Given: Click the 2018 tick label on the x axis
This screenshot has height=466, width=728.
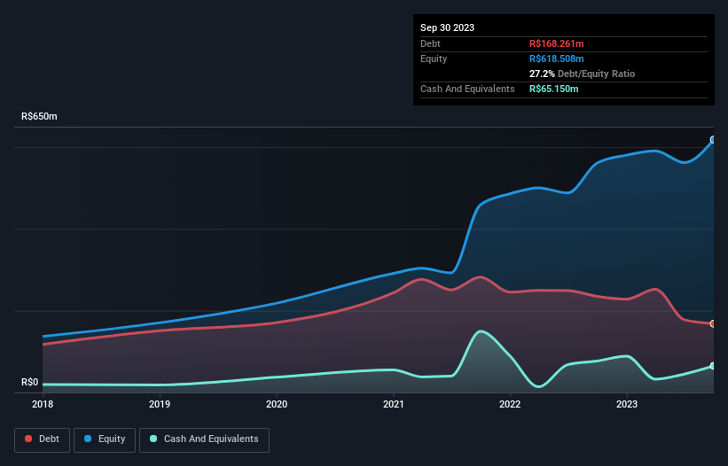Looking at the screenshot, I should click(43, 405).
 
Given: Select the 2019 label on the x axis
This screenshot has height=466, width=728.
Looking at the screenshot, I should click(160, 405).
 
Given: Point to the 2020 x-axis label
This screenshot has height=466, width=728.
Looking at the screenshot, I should click(277, 405).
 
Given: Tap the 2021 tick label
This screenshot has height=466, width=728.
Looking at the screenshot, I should click(394, 405).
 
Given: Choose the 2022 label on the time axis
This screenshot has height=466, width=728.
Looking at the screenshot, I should click(510, 405).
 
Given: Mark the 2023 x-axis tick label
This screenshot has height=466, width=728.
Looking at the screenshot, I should click(627, 405).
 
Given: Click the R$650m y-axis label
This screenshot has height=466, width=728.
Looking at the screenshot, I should click(39, 117).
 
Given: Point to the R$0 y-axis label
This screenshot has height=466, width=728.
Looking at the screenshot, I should click(30, 383).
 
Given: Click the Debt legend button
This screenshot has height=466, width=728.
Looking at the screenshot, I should click(42, 439).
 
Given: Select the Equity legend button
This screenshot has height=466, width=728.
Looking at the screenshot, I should click(105, 439).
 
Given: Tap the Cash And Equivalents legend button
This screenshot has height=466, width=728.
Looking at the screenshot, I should click(204, 439).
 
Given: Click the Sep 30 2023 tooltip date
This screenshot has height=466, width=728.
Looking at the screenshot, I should click(447, 27).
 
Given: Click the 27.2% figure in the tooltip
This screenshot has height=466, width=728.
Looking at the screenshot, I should click(542, 74).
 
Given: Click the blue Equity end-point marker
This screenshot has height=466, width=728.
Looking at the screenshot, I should click(713, 139).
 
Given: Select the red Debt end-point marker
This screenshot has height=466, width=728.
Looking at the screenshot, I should click(713, 323).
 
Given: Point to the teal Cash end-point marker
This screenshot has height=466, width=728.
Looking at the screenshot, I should click(713, 365).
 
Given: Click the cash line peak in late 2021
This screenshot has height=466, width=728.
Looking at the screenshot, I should click(481, 331).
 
